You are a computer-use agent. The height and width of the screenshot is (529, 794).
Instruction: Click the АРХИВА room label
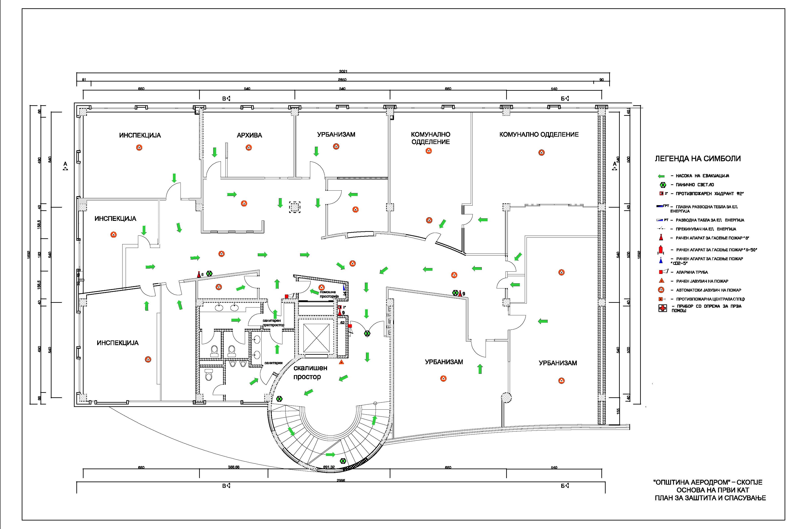[249, 135]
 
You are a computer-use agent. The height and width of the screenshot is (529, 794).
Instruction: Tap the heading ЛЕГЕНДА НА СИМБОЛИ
[697, 159]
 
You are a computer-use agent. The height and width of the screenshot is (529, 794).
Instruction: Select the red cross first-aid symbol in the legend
[663, 308]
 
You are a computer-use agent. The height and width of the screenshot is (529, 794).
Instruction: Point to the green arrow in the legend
[661, 176]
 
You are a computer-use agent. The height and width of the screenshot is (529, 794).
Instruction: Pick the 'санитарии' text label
[273, 363]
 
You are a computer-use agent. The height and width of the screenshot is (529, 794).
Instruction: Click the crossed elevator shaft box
[316, 338]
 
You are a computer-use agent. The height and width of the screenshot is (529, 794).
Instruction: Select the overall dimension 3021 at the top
[343, 71]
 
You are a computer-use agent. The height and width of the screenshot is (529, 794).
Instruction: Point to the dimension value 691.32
[329, 467]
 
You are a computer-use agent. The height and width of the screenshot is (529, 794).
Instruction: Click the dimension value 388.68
[233, 467]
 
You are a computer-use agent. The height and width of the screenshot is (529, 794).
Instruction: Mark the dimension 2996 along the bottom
[341, 480]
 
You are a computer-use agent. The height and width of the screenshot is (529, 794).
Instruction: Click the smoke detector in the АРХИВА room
[249, 147]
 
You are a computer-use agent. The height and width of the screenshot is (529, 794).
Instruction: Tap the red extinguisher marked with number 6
[199, 275]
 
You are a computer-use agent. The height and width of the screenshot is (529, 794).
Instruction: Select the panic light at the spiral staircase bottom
[343, 461]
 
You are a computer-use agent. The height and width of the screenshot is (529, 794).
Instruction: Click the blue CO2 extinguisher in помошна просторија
[344, 287]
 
